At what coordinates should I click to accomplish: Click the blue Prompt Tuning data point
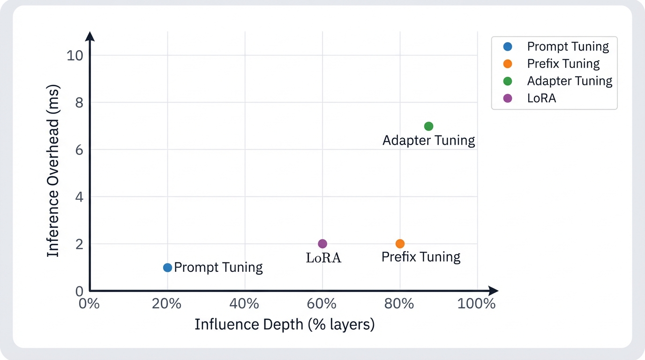[x=167, y=268]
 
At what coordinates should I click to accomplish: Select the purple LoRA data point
[x=322, y=244]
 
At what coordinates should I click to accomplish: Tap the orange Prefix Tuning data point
[x=400, y=244]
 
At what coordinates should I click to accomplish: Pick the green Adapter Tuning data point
[x=428, y=126]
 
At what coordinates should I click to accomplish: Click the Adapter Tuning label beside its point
[x=428, y=140]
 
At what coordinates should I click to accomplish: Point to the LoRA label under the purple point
[x=323, y=258]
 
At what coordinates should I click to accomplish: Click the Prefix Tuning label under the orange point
[x=420, y=257]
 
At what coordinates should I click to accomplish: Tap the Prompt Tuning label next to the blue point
[x=218, y=268]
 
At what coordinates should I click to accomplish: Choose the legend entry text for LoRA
[x=541, y=98]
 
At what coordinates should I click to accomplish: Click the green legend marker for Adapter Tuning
[x=508, y=81]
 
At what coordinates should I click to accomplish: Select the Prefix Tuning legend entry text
[x=563, y=64]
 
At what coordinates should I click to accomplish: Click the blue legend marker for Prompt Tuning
[x=508, y=46]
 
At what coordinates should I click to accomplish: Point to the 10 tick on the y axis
[x=75, y=55]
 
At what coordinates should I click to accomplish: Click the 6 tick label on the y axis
[x=79, y=150]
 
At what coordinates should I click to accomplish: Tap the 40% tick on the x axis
[x=245, y=303]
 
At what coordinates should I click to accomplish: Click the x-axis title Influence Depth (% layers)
[x=285, y=324]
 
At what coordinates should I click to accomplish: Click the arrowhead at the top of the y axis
[x=90, y=36]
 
